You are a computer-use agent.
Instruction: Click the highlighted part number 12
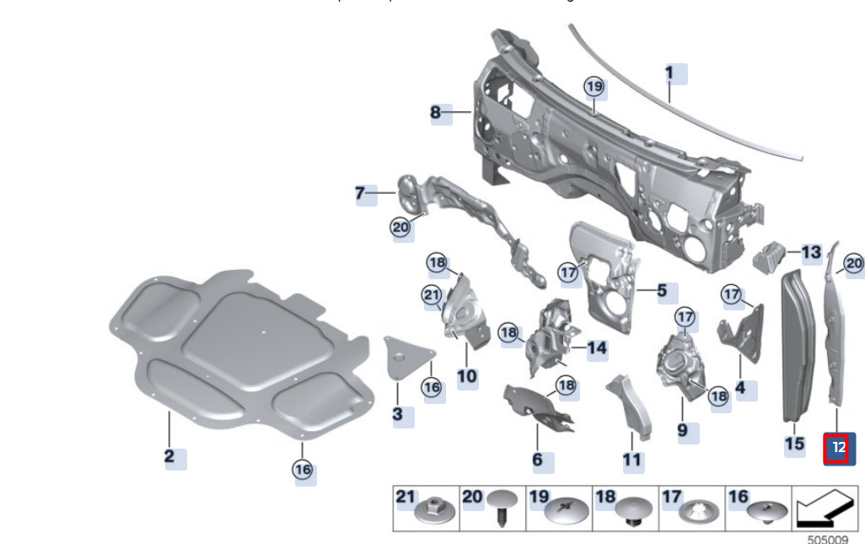point(838,448)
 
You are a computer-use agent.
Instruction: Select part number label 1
point(669,73)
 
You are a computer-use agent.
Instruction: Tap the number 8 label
point(436,112)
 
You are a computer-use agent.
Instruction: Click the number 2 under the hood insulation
point(170,456)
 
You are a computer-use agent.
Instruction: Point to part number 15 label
point(794,444)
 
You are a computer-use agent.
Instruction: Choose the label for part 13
point(810,252)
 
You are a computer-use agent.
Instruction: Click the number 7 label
point(360,194)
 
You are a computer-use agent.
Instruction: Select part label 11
point(632,461)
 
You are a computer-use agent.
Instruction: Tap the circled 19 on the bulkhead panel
point(594,86)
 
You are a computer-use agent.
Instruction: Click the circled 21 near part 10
point(432,294)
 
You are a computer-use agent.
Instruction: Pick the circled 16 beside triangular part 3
point(432,387)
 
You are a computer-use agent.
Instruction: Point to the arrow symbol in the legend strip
point(819,509)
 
